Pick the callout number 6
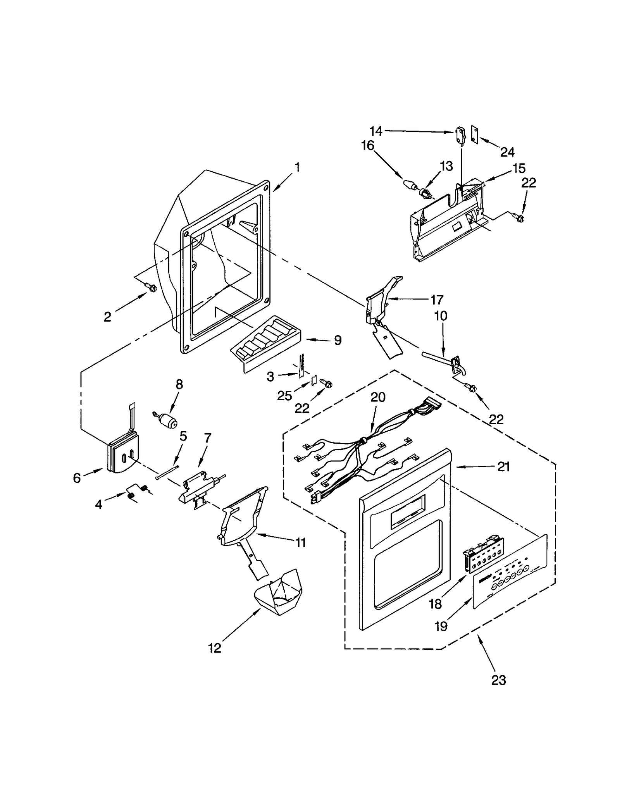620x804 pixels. pyautogui.click(x=77, y=478)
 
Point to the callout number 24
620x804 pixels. pyautogui.click(x=507, y=152)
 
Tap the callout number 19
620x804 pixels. pyautogui.click(x=441, y=626)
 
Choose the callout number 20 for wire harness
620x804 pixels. pyautogui.click(x=378, y=397)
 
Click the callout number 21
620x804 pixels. pyautogui.click(x=503, y=467)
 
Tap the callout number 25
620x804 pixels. pyautogui.click(x=284, y=396)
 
